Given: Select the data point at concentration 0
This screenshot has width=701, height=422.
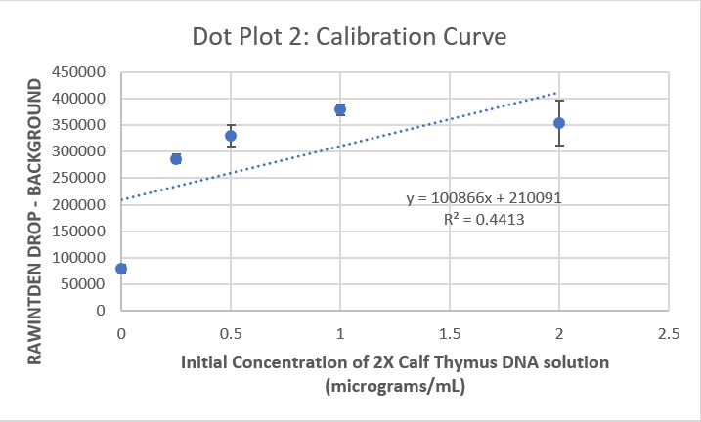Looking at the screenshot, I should coord(121,269).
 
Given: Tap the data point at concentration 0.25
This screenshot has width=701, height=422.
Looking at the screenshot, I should coord(176,158).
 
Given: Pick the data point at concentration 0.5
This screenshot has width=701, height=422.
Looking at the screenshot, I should coord(231,136).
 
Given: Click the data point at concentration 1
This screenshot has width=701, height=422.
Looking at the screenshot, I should coord(340,109).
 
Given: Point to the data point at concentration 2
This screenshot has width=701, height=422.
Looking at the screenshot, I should coord(559,123).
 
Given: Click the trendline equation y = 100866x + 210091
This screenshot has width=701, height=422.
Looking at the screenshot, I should coord(483,198).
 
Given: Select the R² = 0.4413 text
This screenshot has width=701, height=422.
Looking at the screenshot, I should coord(483,220).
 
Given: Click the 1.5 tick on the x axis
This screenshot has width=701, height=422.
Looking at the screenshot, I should coord(450,335).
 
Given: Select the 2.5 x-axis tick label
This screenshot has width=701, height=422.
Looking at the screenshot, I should coord(669,335).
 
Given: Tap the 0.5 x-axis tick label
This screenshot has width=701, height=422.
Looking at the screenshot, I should coord(231,335).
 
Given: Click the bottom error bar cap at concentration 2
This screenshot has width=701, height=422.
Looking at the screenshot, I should coord(559,146).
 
